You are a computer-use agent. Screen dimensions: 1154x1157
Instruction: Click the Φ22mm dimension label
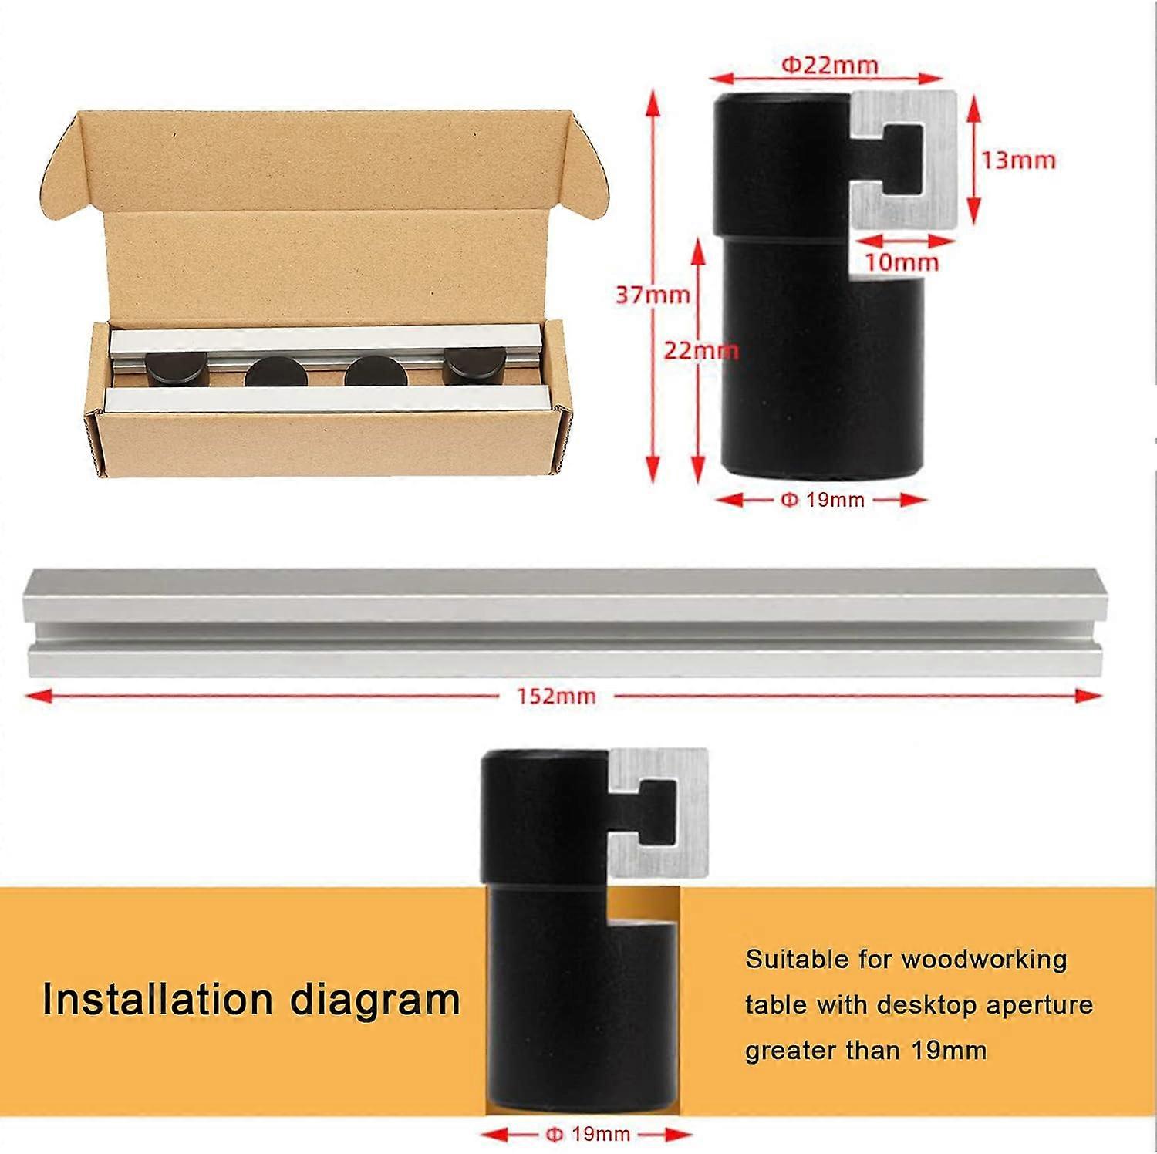pos(830,65)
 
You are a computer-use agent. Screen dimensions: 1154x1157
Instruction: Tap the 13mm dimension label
pos(1018,160)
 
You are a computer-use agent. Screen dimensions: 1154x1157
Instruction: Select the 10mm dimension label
pos(901,262)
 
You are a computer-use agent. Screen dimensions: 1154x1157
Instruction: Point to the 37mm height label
pos(653,295)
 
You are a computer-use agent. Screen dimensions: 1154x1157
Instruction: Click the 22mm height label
pos(700,351)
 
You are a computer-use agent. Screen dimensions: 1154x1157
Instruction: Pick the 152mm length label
pos(556,697)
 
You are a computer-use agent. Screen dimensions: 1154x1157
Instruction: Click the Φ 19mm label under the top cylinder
pos(822,500)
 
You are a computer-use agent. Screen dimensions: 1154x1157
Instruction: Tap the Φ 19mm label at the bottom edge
pos(588,1134)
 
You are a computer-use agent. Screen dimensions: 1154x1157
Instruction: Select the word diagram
pos(375,1000)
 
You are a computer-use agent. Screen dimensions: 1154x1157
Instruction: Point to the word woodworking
pos(983,960)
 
